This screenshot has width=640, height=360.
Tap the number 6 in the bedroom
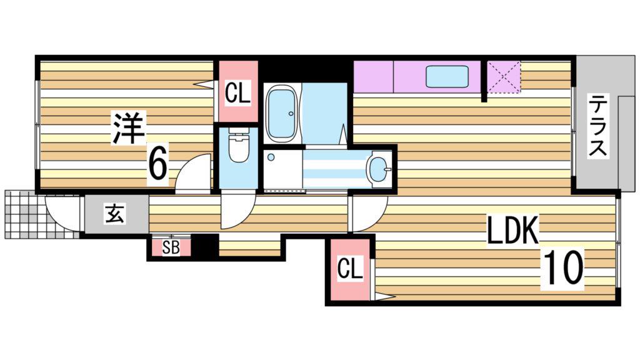click(x=158, y=165)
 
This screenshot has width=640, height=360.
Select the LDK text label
click(x=512, y=230)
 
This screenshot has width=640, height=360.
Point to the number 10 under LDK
click(x=562, y=267)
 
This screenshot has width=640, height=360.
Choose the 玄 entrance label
click(x=115, y=214)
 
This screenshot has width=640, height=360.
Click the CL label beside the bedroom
click(x=237, y=93)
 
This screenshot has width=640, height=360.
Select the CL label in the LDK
click(x=350, y=269)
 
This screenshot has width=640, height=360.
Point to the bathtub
click(x=282, y=113)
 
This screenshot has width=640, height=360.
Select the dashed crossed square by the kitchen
click(x=504, y=77)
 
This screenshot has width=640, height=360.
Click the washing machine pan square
click(x=283, y=169)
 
